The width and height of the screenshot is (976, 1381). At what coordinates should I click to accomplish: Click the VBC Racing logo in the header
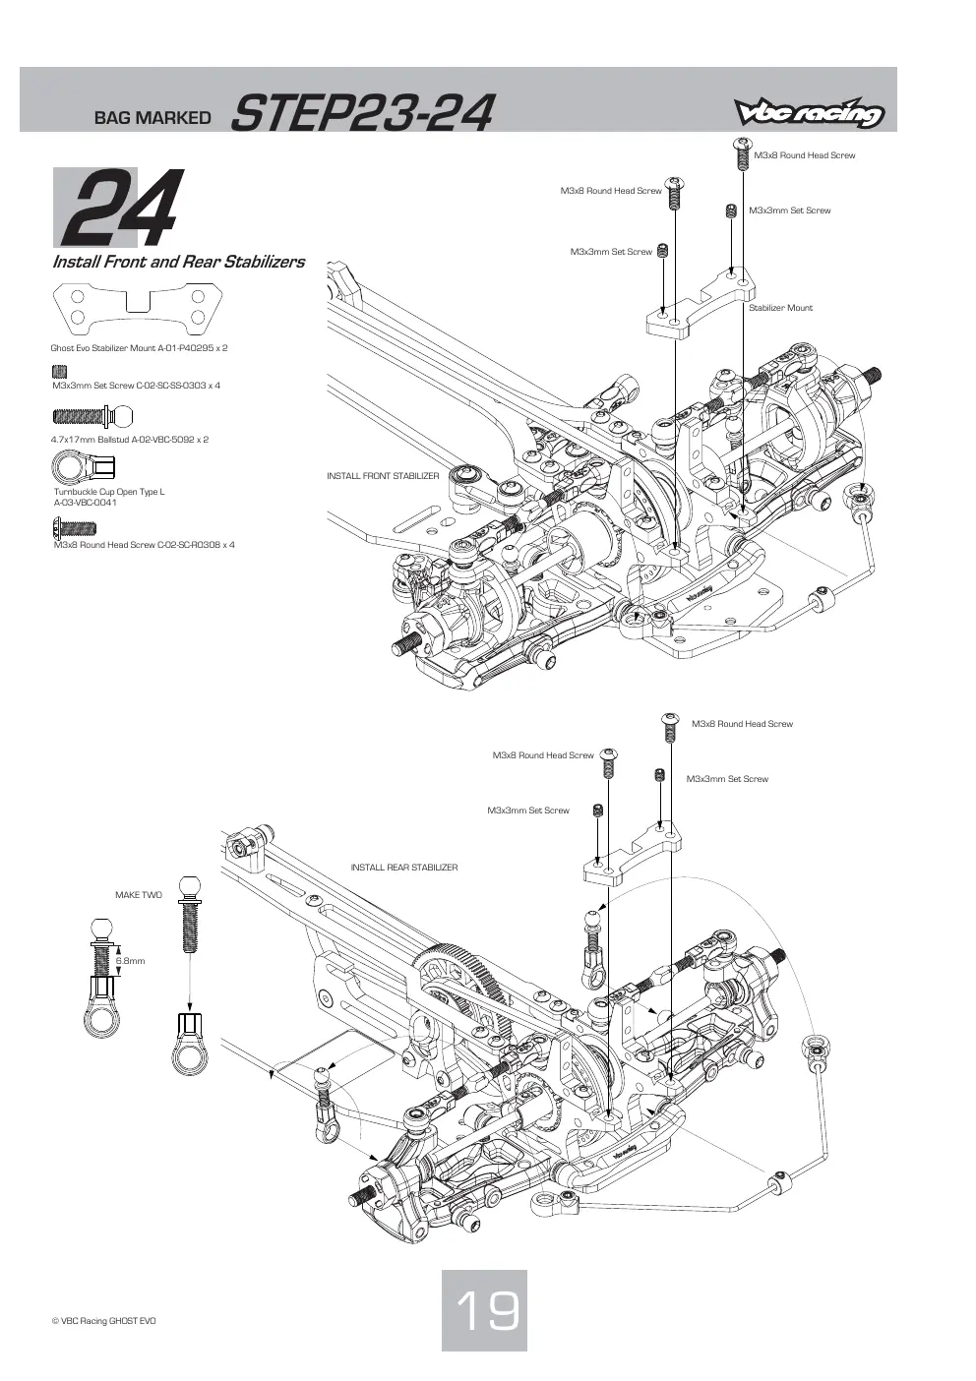click(x=809, y=112)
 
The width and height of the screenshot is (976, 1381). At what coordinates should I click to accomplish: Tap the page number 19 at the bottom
click(x=486, y=1311)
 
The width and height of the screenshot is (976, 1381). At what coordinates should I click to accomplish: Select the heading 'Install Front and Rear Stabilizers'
click(x=179, y=262)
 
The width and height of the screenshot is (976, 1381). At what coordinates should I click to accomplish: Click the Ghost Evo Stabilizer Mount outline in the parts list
click(x=138, y=307)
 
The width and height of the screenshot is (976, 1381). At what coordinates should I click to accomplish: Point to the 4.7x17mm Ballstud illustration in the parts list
click(x=92, y=417)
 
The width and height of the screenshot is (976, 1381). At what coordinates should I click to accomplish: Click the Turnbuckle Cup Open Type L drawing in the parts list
click(x=84, y=466)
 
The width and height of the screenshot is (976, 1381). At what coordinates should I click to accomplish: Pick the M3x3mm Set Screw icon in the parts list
click(x=60, y=371)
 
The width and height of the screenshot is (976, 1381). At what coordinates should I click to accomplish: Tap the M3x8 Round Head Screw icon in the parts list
click(x=75, y=528)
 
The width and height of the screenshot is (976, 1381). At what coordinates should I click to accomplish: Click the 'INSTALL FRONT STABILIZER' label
click(x=383, y=476)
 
